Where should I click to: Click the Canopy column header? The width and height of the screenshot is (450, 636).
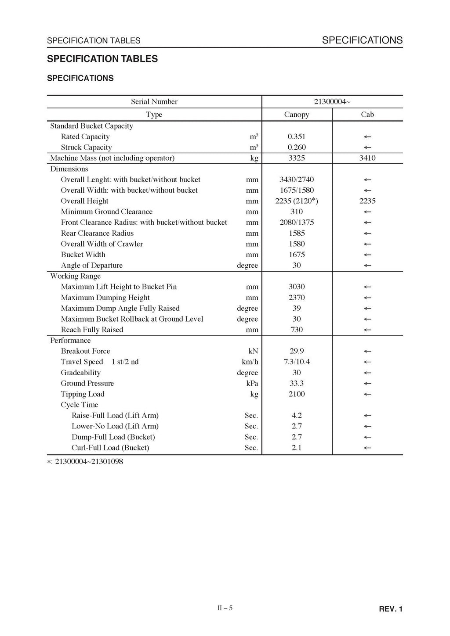[297, 115]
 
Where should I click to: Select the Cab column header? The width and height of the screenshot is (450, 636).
[367, 115]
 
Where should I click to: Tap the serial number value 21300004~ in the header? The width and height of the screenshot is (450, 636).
[332, 102]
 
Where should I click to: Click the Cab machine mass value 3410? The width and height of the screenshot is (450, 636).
[367, 158]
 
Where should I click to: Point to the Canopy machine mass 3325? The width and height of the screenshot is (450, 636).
[297, 158]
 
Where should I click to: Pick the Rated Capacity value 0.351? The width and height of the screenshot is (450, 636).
[297, 137]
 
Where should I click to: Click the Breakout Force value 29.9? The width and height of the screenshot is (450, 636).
[297, 351]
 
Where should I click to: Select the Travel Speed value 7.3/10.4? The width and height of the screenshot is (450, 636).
[297, 362]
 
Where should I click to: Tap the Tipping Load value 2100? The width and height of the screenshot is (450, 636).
[297, 394]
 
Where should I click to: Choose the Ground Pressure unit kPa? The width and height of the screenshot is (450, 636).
[252, 383]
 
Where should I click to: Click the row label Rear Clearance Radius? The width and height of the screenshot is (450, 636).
[97, 233]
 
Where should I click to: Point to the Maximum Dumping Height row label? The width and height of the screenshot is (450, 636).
[105, 298]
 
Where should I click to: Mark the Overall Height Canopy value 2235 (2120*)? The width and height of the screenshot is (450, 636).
[297, 201]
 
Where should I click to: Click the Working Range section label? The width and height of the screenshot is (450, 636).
[76, 276]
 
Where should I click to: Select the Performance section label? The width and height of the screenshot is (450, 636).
[70, 341]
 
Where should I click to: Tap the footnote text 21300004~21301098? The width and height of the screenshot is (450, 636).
[89, 461]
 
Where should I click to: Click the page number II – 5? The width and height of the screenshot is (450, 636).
[225, 608]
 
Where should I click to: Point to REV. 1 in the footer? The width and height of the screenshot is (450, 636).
[390, 609]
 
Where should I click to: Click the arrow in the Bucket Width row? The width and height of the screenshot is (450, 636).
[367, 255]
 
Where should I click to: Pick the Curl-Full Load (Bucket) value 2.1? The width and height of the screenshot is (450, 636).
[297, 448]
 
